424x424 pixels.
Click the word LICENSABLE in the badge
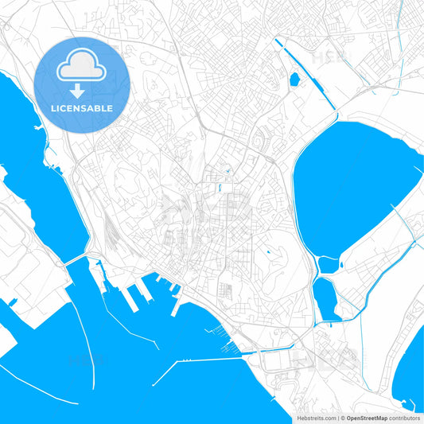coord(82,107)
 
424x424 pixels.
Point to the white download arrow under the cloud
coord(82,90)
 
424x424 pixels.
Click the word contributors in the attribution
coord(404,417)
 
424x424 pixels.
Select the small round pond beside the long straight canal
coord(294,79)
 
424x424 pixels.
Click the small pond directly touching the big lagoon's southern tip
coord(329,264)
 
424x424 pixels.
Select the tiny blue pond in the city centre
coord(217,189)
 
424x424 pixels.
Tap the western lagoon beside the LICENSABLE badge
coord(40,183)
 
